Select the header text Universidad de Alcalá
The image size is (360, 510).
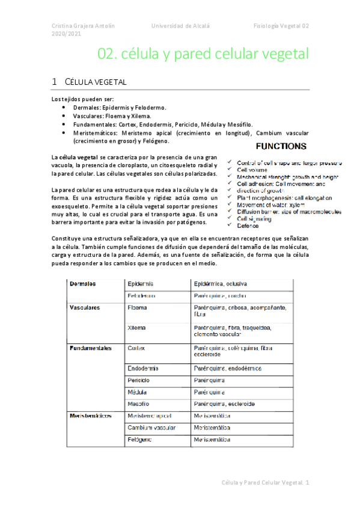180,26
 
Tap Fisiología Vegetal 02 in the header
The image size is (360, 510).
281,26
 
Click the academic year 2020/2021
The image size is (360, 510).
66,35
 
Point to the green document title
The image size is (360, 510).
203,55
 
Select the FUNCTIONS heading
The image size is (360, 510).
281,146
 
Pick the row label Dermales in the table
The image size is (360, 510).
84,283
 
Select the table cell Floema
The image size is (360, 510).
138,307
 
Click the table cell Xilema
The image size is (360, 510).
138,328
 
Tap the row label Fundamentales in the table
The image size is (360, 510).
91,348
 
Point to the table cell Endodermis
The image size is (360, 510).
144,368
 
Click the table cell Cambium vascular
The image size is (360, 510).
151,428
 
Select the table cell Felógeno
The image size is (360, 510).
140,440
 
